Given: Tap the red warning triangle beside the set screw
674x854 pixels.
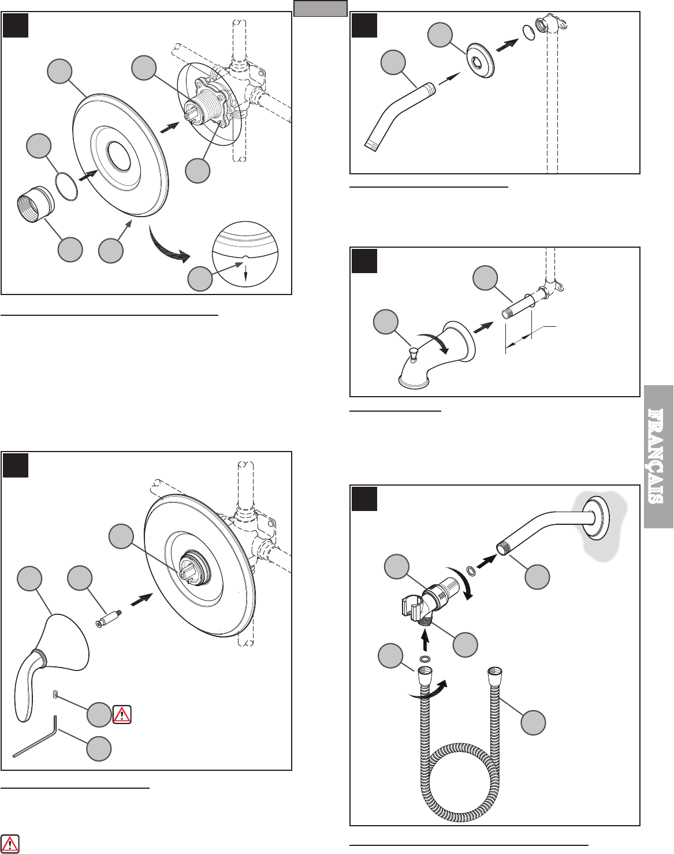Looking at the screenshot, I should coord(122,714).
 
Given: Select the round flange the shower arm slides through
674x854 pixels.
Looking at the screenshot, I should coord(479,60).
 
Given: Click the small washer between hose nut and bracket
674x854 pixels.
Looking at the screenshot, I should coord(425,659).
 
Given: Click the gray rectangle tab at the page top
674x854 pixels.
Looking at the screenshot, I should coord(320,9).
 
